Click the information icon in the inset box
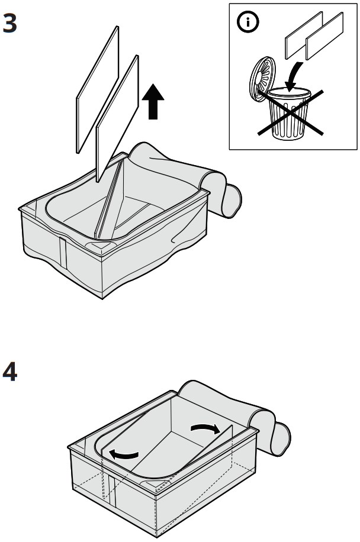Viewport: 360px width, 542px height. click(244, 22)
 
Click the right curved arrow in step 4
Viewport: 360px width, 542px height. click(211, 429)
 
